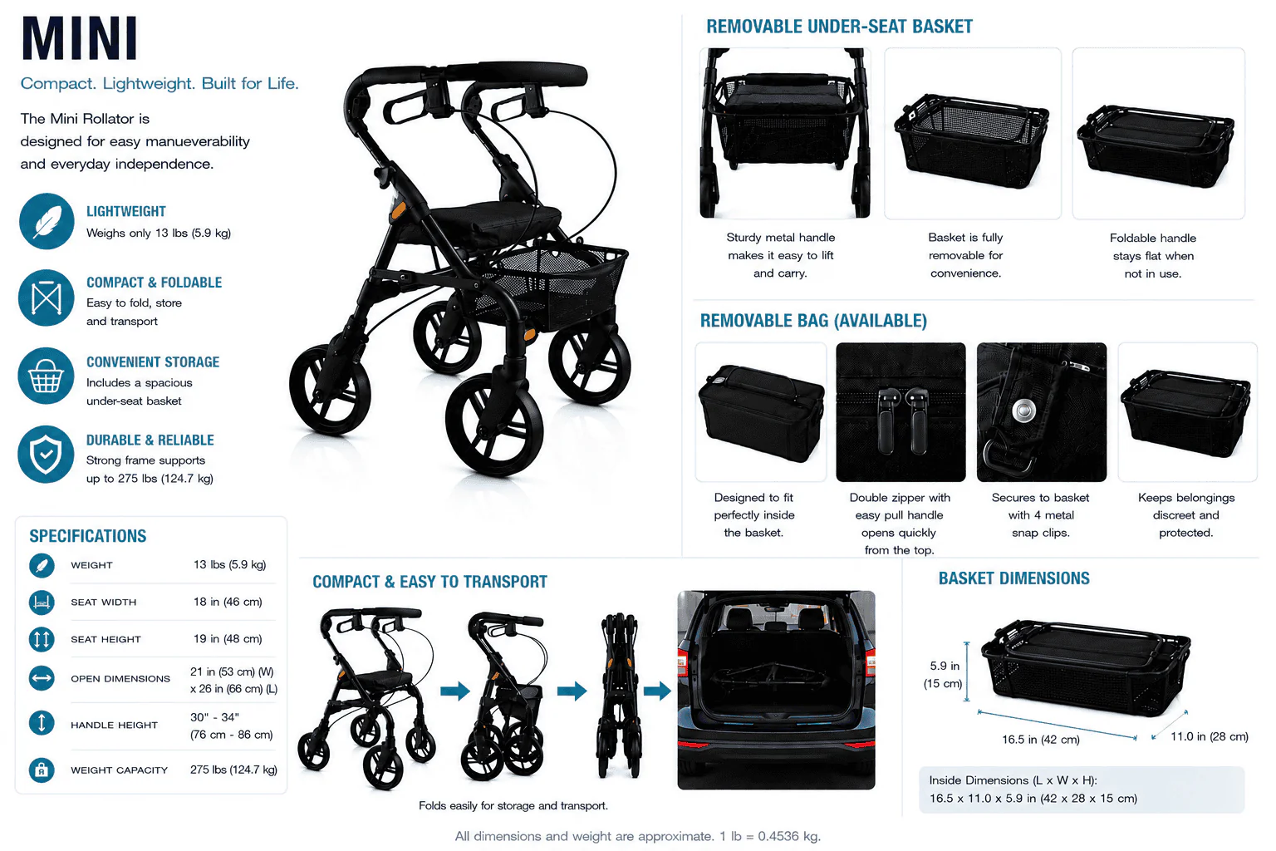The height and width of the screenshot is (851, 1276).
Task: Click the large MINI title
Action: tap(80, 37)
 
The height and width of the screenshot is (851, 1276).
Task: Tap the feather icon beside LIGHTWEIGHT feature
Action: tap(47, 221)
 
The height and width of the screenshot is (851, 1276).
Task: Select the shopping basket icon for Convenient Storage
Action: tap(47, 376)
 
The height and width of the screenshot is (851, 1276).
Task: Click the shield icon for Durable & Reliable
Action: tap(47, 455)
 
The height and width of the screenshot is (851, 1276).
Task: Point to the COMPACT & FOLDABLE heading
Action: tap(154, 283)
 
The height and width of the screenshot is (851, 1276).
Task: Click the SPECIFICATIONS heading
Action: tap(88, 536)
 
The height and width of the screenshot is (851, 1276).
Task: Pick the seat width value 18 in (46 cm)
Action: tap(228, 602)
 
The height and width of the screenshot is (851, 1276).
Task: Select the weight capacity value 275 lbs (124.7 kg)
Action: tap(233, 770)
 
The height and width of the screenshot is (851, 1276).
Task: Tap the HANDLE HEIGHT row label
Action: tap(114, 725)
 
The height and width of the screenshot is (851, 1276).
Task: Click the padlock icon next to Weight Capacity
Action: tap(42, 770)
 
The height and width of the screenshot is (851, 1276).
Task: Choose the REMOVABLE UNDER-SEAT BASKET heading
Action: tap(840, 27)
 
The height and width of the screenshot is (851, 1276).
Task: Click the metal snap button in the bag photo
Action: tap(1024, 411)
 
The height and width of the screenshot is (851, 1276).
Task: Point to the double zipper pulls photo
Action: tap(901, 411)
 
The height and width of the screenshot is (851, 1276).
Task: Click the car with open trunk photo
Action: tap(776, 690)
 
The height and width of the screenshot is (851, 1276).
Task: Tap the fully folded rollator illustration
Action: tap(619, 696)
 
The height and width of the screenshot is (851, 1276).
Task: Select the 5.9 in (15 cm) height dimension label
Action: tap(944, 674)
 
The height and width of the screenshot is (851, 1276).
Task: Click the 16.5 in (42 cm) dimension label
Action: tap(1041, 740)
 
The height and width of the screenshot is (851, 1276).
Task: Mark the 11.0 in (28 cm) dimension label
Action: tap(1210, 736)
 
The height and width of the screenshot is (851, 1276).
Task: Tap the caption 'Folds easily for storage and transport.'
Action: tap(513, 805)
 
